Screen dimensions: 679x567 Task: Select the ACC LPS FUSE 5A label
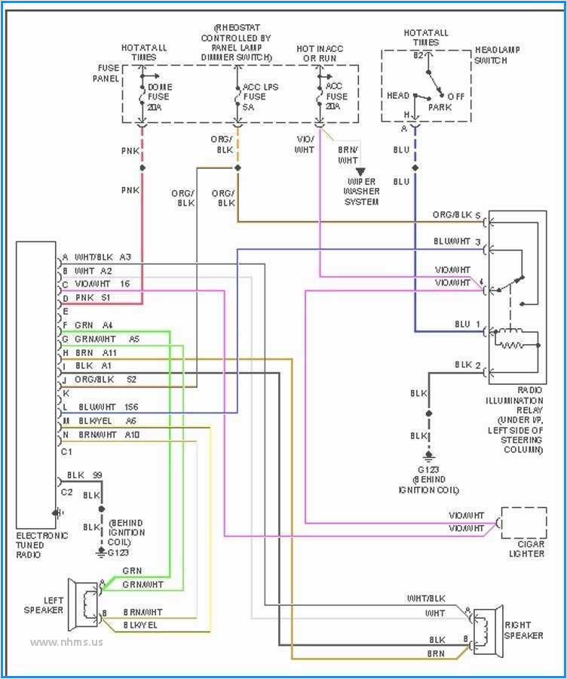pyautogui.click(x=259, y=97)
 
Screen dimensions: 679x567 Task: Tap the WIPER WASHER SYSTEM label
pyautogui.click(x=362, y=192)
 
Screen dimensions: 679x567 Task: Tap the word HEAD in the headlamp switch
pyautogui.click(x=398, y=96)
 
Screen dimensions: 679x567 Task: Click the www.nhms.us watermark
pyautogui.click(x=66, y=643)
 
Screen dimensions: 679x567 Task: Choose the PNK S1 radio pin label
pyautogui.click(x=94, y=298)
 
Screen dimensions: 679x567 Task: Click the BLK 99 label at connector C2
pyautogui.click(x=85, y=475)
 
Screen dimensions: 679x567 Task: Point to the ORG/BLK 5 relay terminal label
pyautogui.click(x=456, y=215)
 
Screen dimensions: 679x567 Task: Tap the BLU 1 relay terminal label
pyautogui.click(x=467, y=324)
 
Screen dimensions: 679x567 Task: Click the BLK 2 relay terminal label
pyautogui.click(x=467, y=365)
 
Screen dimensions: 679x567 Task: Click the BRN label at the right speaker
pyautogui.click(x=437, y=653)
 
